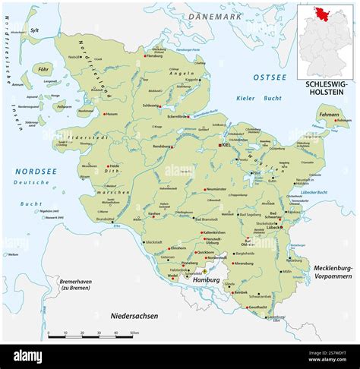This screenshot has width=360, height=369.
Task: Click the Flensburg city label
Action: pos(155,56)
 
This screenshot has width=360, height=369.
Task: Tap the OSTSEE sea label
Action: pos(270,77)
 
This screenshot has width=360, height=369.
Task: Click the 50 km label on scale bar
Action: pos(134,333)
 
